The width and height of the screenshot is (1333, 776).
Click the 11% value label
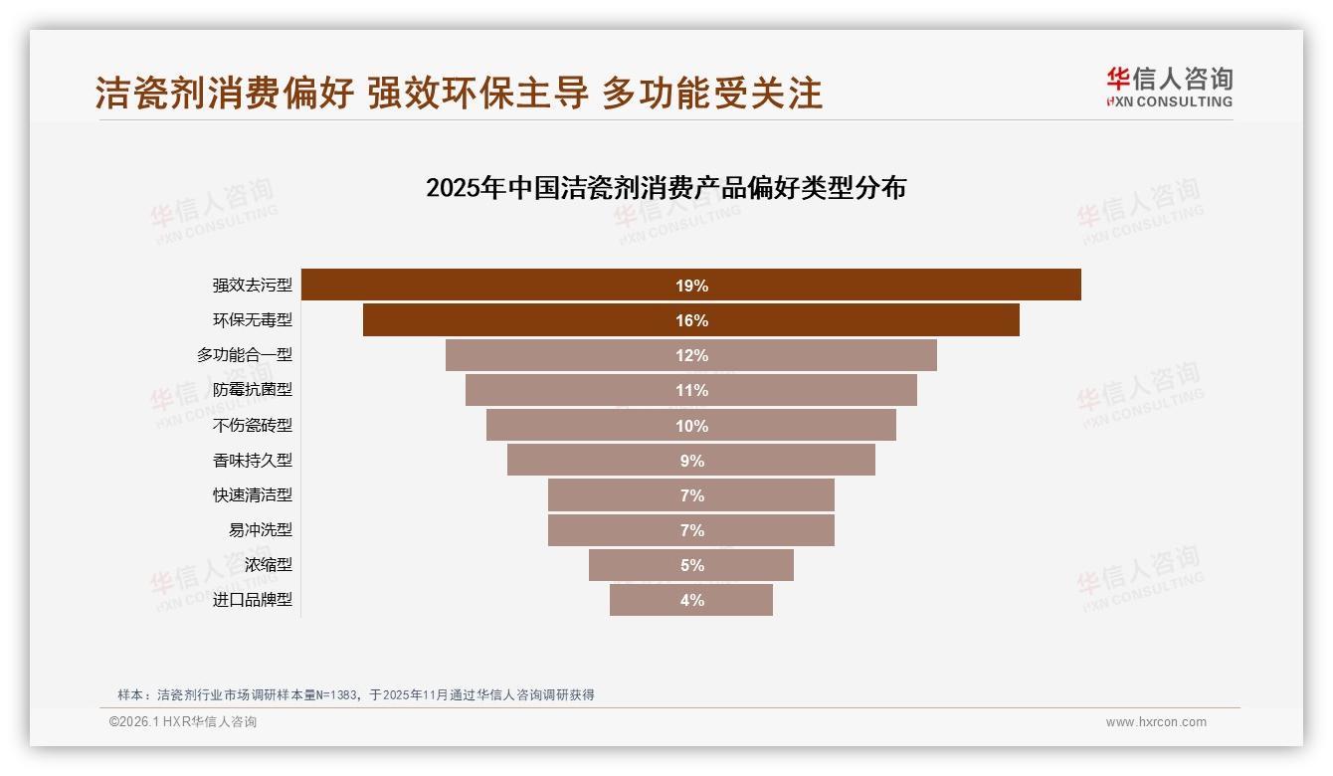(x=691, y=391)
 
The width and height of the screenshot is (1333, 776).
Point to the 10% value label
(x=691, y=426)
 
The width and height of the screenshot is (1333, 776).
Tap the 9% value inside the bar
(x=691, y=461)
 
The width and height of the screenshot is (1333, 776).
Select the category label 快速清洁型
(x=253, y=495)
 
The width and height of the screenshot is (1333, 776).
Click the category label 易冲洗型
(x=261, y=530)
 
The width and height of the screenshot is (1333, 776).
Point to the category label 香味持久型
(x=253, y=461)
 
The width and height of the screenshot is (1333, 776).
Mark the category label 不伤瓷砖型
(x=253, y=426)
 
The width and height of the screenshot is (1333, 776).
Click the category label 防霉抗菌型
(x=253, y=390)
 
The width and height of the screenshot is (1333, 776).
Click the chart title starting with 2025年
(x=666, y=188)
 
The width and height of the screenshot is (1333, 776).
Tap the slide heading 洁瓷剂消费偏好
(x=225, y=93)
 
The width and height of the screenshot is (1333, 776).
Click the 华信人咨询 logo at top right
(x=1169, y=87)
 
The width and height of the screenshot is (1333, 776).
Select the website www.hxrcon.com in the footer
(x=1156, y=722)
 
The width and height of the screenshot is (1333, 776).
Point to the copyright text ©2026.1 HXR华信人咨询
(x=183, y=722)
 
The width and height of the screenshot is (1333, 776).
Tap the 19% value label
(x=691, y=286)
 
